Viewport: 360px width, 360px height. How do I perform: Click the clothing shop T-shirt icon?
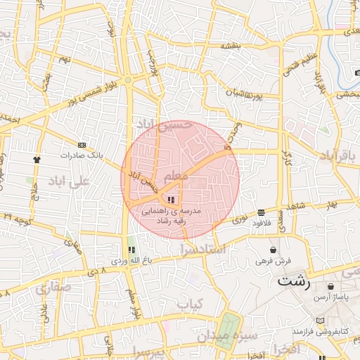tap(37, 160)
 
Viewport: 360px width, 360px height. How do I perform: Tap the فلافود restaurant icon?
tap(261, 212)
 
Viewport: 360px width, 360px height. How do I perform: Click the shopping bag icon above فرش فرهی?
tap(273, 250)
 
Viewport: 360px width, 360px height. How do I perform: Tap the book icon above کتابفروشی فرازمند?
tap(321, 320)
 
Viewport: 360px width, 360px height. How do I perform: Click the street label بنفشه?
tap(231, 46)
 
